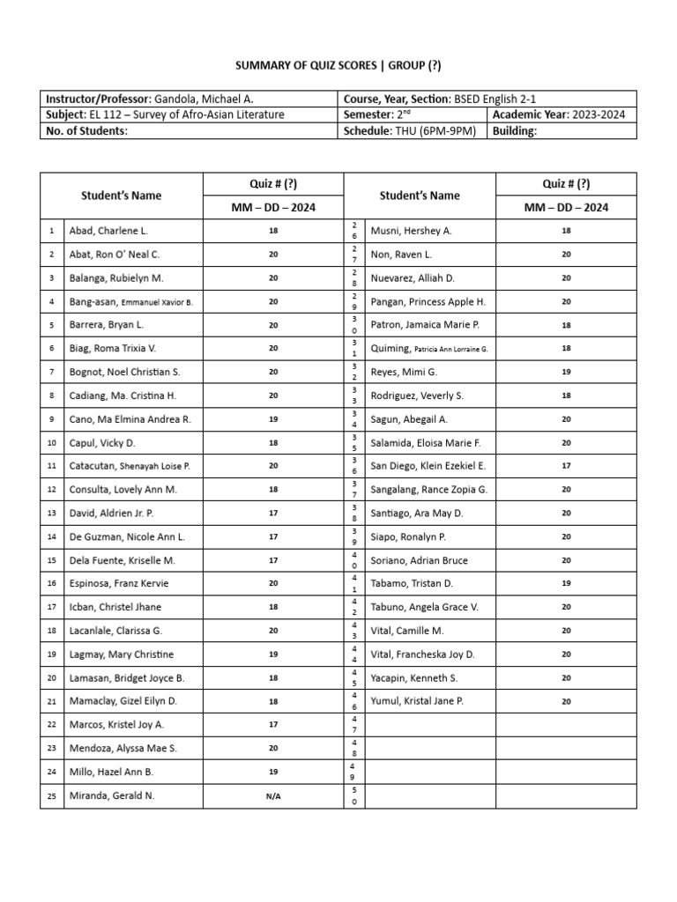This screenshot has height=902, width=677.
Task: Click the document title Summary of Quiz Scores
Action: [338, 65]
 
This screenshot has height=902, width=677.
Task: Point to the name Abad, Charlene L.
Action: [108, 231]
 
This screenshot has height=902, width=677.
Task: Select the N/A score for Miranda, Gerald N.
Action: [273, 796]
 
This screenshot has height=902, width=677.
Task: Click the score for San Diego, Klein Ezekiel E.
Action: [565, 466]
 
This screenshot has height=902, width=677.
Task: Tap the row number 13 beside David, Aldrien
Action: [52, 513]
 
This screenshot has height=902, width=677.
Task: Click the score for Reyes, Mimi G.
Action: [565, 372]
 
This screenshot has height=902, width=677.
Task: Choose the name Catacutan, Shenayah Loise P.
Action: [130, 466]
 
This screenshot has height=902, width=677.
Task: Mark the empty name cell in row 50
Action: [429, 795]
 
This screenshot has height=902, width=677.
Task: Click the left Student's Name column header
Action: [122, 196]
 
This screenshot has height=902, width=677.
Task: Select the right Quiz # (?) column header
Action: [565, 184]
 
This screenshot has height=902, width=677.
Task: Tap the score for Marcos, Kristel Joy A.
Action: [273, 725]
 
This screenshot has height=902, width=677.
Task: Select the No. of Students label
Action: [86, 131]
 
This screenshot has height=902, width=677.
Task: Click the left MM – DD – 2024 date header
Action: [273, 208]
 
